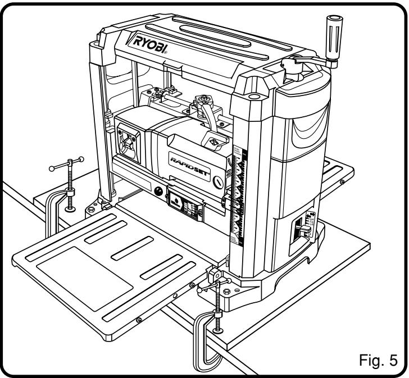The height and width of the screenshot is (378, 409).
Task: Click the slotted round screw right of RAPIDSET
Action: click(219, 182)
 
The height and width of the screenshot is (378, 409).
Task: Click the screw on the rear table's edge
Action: click(342, 182)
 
